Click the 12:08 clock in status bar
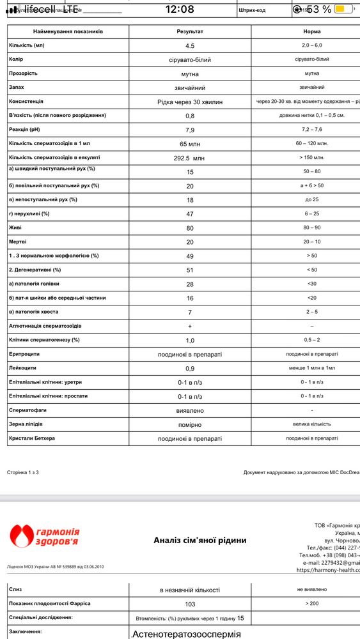pyautogui.click(x=179, y=9)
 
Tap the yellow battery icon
pyautogui.click(x=343, y=9)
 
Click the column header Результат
pyautogui.click(x=190, y=31)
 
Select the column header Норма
pyautogui.click(x=312, y=31)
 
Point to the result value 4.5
pyautogui.click(x=190, y=45)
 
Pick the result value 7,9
pyautogui.click(x=190, y=130)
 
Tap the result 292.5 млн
pyautogui.click(x=190, y=158)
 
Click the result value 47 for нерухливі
pyautogui.click(x=190, y=214)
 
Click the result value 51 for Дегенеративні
pyautogui.click(x=190, y=270)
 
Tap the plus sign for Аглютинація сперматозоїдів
pyautogui.click(x=190, y=326)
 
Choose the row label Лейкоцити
pyautogui.click(x=23, y=368)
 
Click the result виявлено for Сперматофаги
pyautogui.click(x=190, y=410)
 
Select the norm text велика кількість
pyautogui.click(x=311, y=424)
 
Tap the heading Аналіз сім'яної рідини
pyautogui.click(x=200, y=541)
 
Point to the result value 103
pyautogui.click(x=190, y=603)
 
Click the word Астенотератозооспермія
pyautogui.click(x=186, y=634)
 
